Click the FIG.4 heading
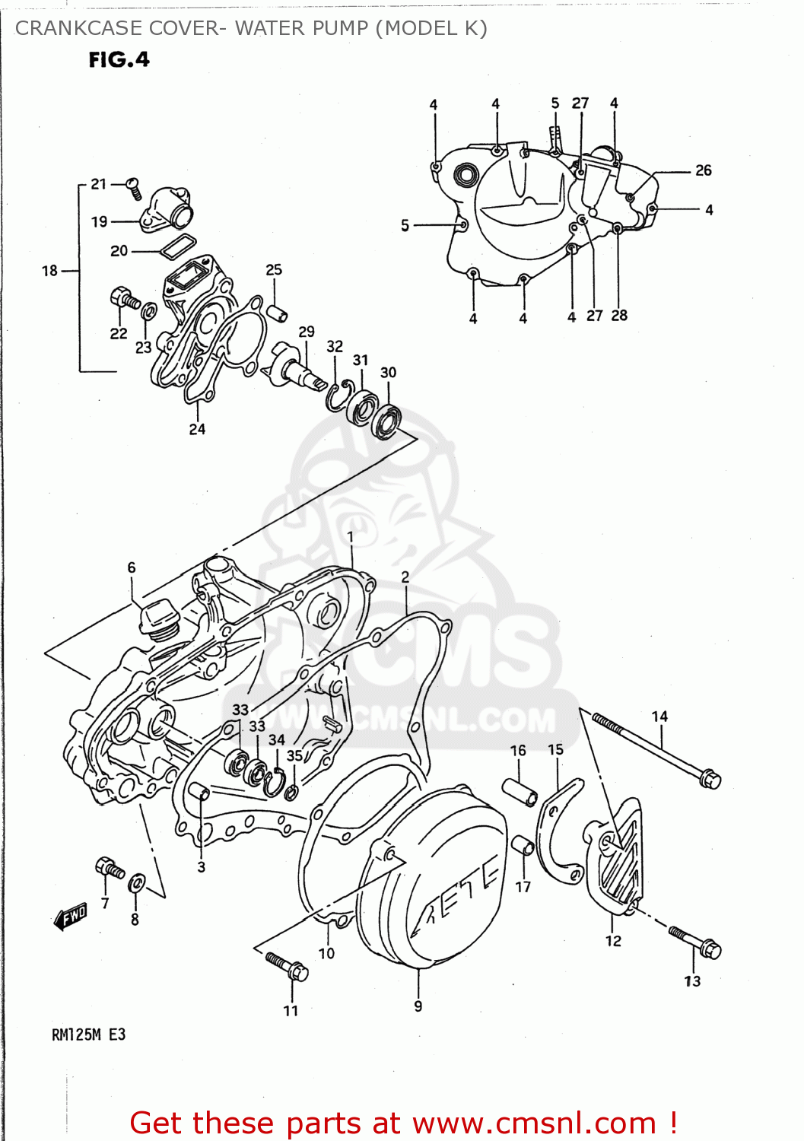click(119, 59)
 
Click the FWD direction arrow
click(72, 917)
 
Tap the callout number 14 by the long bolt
click(659, 717)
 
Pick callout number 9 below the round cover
click(418, 1006)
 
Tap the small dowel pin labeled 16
click(520, 792)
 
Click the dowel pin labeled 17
click(523, 845)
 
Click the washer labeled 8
click(137, 883)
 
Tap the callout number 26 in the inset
click(703, 170)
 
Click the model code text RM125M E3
click(88, 1035)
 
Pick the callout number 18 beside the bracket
click(49, 271)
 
